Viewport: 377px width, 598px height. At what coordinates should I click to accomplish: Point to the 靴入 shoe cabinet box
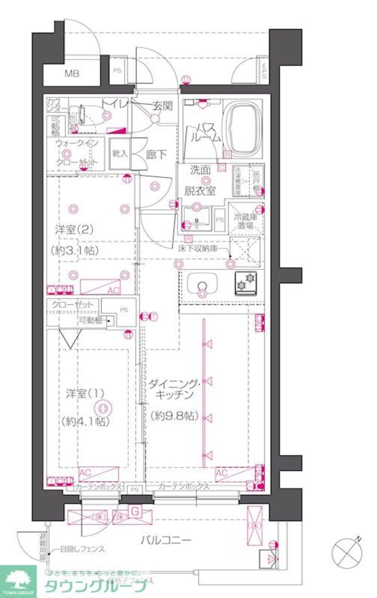119,153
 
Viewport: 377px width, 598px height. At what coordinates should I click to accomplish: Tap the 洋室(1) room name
85,394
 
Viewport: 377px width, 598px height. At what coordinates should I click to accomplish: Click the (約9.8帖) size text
174,415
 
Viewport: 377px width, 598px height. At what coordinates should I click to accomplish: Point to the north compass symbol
347,553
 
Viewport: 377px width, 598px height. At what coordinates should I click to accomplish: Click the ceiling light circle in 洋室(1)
105,407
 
